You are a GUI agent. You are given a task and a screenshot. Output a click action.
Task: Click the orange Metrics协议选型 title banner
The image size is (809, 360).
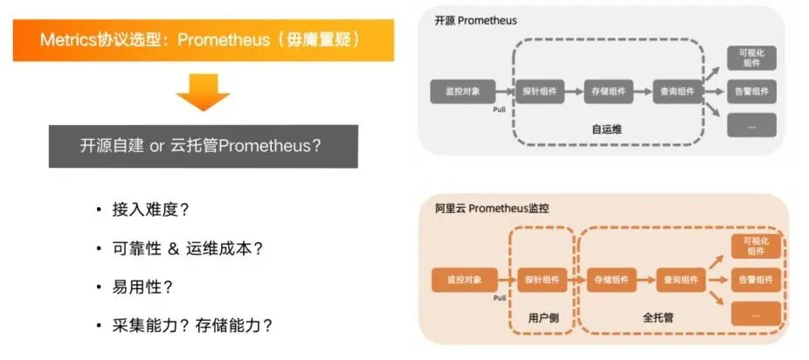tap(203, 41)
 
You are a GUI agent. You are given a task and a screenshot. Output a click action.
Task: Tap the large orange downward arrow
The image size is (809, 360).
tap(203, 92)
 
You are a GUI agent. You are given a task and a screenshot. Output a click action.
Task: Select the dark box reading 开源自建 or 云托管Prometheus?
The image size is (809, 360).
tap(203, 146)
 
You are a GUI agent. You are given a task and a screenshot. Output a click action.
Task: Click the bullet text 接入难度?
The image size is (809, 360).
tap(149, 210)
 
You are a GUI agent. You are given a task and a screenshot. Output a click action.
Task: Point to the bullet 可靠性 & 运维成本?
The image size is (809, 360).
tap(187, 248)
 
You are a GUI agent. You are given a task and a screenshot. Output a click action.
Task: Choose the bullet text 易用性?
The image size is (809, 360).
tap(141, 287)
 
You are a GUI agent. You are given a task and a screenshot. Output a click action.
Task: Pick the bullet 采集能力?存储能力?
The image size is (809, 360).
tap(192, 325)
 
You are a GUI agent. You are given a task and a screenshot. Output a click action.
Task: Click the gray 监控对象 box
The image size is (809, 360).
tap(462, 90)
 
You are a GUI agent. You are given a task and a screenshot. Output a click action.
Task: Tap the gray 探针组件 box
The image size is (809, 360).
tap(540, 90)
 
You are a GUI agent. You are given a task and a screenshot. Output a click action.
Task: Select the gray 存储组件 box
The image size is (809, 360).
tap(608, 90)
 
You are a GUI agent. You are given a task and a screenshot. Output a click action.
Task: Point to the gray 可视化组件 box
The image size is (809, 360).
tap(750, 57)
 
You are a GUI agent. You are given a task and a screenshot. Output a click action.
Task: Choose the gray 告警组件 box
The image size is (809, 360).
tap(750, 90)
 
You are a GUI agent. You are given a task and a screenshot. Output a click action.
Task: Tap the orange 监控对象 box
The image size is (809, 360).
tap(462, 280)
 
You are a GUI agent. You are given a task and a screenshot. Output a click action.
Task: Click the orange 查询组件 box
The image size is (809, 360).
tap(678, 280)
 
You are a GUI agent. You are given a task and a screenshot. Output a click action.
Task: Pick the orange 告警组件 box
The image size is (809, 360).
tap(754, 280)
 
